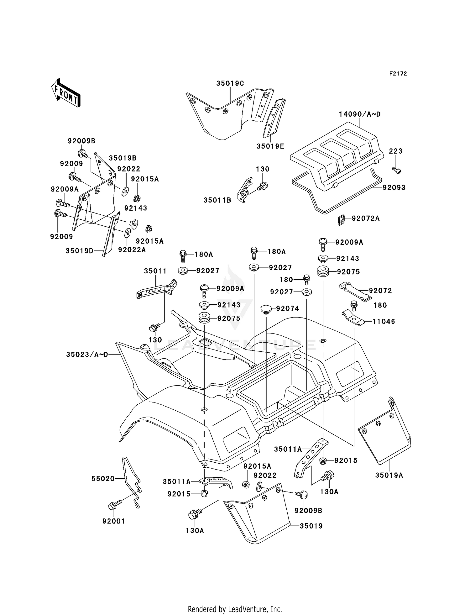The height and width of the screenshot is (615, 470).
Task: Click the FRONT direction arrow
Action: click(66, 93)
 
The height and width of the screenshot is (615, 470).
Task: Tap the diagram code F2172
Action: click(398, 74)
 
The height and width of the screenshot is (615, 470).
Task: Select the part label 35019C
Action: click(230, 83)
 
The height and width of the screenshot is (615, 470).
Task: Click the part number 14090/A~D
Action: click(359, 114)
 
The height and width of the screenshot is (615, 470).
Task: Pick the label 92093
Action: click(394, 187)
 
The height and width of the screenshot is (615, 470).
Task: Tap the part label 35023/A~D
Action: click(87, 355)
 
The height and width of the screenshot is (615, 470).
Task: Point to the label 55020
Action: click(103, 479)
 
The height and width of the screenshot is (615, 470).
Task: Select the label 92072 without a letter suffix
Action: click(380, 291)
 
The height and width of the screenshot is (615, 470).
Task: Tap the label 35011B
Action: click(217, 200)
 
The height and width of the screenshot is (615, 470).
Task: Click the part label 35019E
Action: click(270, 146)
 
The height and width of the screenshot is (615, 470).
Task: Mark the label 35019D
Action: click(79, 251)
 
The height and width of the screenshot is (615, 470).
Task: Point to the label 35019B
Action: click(123, 158)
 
